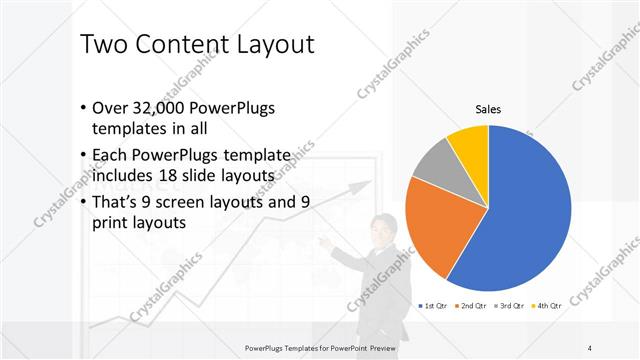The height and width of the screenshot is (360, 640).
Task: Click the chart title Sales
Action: tap(487, 109)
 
